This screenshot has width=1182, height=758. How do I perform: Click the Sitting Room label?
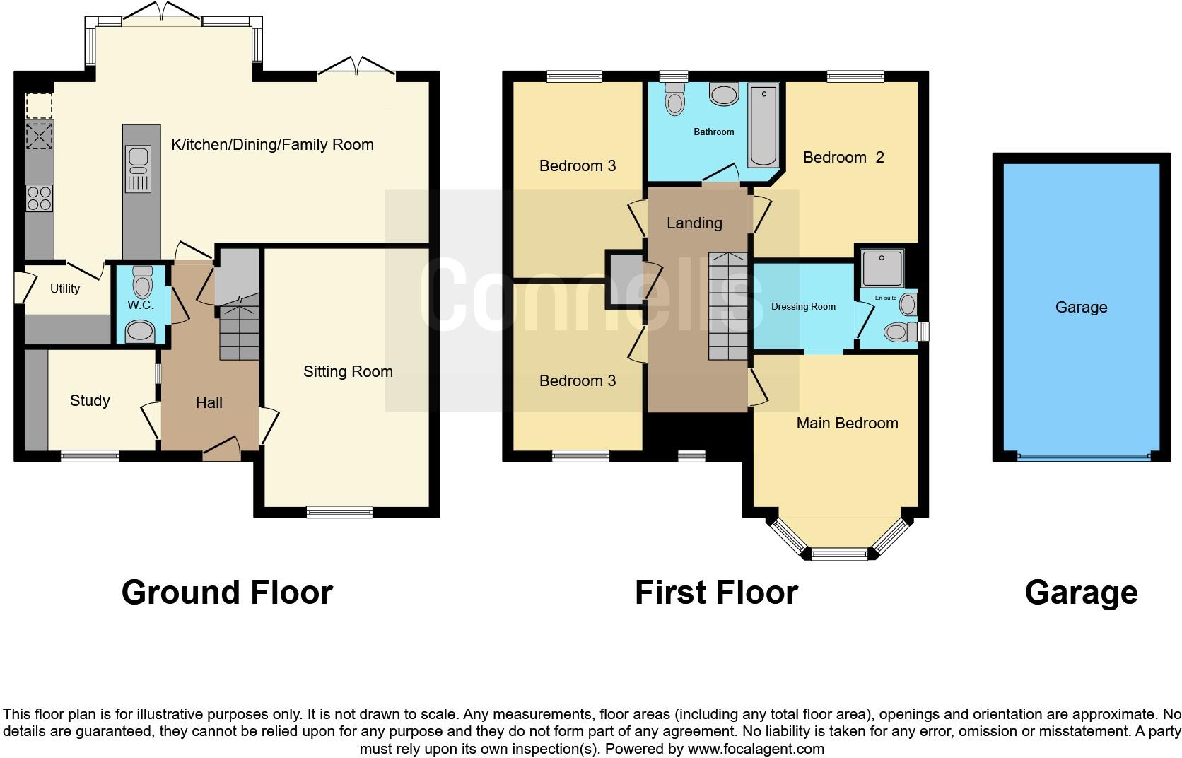tap(348, 372)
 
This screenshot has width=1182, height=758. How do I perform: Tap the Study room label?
tap(90, 401)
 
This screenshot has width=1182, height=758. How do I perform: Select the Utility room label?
tap(65, 288)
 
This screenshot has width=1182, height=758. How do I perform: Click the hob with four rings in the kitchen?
tap(39, 198)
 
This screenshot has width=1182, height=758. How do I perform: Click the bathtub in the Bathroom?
tap(763, 126)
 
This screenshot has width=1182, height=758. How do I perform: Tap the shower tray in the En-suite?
tap(882, 269)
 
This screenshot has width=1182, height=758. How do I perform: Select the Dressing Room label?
tap(803, 307)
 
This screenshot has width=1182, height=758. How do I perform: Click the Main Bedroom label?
tap(847, 424)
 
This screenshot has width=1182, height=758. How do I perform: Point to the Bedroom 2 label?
tap(843, 158)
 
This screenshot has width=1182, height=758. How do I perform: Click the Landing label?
tap(694, 223)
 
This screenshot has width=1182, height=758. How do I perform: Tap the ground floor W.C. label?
tap(140, 305)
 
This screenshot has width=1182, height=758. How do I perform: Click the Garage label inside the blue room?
tap(1081, 308)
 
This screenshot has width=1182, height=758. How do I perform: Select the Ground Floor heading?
tap(227, 593)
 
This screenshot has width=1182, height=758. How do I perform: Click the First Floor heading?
tap(716, 593)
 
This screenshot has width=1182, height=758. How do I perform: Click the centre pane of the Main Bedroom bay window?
tap(839, 554)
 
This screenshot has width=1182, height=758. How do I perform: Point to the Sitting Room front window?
tap(339, 512)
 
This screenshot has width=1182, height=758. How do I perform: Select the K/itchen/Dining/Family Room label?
tap(272, 145)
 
